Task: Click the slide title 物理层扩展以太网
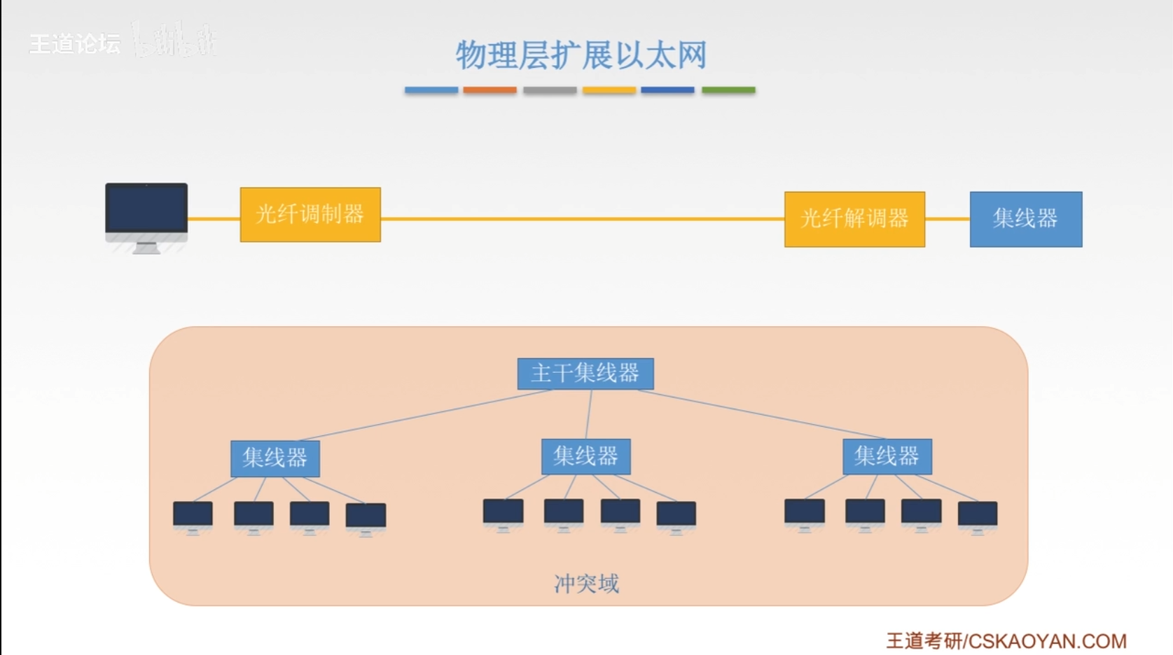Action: pyautogui.click(x=581, y=55)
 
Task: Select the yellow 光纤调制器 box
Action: pyautogui.click(x=310, y=214)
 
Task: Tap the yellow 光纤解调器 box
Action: pyautogui.click(x=854, y=219)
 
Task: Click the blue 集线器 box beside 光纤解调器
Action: pyautogui.click(x=1025, y=219)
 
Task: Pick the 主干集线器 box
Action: pyautogui.click(x=585, y=374)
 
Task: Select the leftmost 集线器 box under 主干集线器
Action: pyautogui.click(x=275, y=458)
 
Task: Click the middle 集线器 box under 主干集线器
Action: pyautogui.click(x=586, y=456)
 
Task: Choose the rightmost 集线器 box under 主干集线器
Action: pyautogui.click(x=887, y=456)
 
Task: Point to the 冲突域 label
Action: pyautogui.click(x=586, y=583)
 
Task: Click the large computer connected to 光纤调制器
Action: pyautogui.click(x=146, y=213)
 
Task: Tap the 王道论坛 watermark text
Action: pyautogui.click(x=75, y=44)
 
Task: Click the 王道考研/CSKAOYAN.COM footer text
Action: pyautogui.click(x=1006, y=640)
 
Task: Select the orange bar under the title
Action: pyautogui.click(x=490, y=90)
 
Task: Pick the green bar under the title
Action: pyautogui.click(x=728, y=90)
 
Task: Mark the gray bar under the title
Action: pyautogui.click(x=550, y=90)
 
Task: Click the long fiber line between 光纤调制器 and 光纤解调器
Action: pyautogui.click(x=581, y=218)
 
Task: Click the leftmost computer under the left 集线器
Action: pyautogui.click(x=193, y=515)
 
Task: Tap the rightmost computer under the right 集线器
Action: pyautogui.click(x=977, y=516)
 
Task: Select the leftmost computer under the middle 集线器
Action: pyautogui.click(x=503, y=513)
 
